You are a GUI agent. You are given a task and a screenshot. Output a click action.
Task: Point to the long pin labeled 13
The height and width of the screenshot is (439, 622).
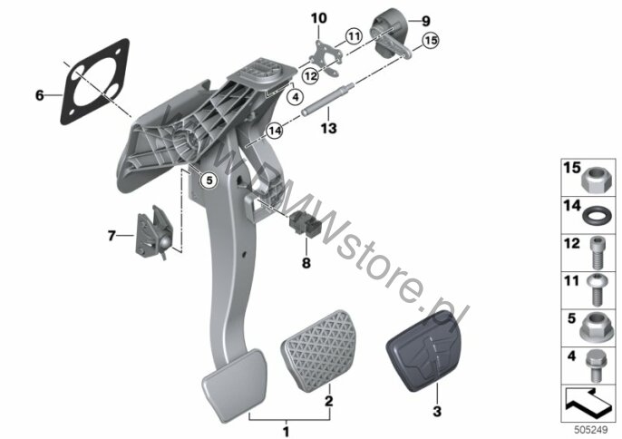point(327,99)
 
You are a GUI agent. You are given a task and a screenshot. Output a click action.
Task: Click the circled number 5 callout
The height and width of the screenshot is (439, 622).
point(209,180)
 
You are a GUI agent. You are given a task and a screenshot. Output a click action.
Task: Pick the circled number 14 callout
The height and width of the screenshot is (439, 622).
point(275,131)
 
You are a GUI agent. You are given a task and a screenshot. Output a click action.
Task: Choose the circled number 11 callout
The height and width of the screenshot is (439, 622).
point(354,36)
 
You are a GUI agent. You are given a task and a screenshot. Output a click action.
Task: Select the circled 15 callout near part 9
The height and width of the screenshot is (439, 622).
point(431,41)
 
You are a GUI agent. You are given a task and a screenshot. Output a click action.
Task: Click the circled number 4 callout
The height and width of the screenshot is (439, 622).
point(296,96)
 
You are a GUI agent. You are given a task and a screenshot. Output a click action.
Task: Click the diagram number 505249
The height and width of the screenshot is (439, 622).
point(591,430)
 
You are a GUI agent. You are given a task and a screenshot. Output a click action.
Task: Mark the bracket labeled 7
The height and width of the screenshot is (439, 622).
point(154,233)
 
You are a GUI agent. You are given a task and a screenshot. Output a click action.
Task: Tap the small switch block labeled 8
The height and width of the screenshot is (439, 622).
point(306,225)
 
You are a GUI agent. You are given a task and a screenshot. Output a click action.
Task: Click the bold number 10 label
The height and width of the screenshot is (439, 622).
point(319,18)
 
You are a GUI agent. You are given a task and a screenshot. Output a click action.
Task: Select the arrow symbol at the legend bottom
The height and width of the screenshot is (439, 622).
point(588,402)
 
